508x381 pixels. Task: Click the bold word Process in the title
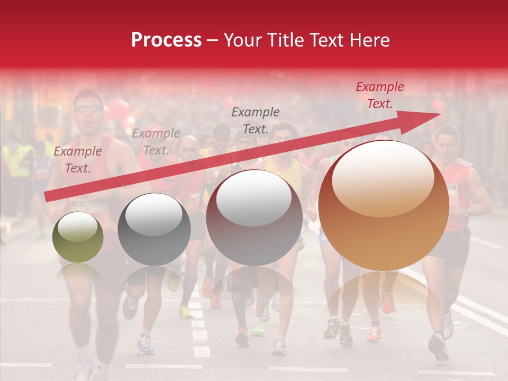(x=166, y=40)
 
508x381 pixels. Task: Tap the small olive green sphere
(x=78, y=237)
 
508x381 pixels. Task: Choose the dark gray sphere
(x=153, y=230)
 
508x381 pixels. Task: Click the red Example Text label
(x=379, y=95)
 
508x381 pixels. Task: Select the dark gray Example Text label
(x=256, y=120)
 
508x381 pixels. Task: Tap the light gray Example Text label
(x=156, y=141)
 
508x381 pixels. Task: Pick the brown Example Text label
(x=78, y=159)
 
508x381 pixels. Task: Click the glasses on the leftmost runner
(x=88, y=110)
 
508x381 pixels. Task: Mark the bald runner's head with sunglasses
(x=189, y=146)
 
